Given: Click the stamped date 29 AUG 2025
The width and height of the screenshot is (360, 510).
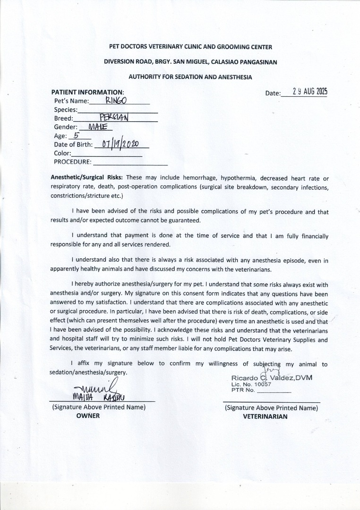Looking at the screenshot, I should [310, 92].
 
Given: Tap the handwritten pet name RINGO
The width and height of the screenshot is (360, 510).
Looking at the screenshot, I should [116, 100].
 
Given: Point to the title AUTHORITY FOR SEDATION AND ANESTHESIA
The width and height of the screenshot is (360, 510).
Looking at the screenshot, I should [190, 76].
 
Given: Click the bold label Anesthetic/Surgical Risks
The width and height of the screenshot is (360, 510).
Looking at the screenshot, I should [87, 178].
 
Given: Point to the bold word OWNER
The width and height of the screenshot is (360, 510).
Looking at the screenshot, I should [88, 416].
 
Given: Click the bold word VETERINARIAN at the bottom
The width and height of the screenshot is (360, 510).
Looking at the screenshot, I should [265, 416].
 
